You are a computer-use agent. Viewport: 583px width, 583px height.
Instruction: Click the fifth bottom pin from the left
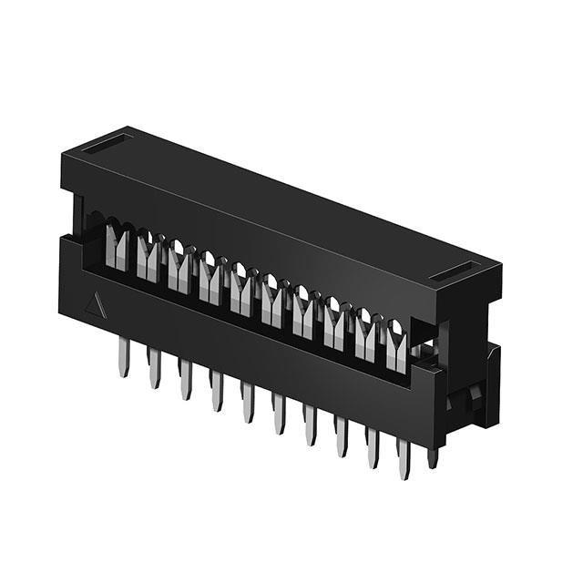click(248, 402)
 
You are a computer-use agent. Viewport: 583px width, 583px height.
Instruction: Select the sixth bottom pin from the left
click(280, 414)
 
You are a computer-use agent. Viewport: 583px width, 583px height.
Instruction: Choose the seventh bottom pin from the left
click(311, 425)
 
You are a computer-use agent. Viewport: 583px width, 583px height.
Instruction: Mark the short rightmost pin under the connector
click(433, 455)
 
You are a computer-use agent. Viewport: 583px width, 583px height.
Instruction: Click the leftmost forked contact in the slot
click(118, 245)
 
